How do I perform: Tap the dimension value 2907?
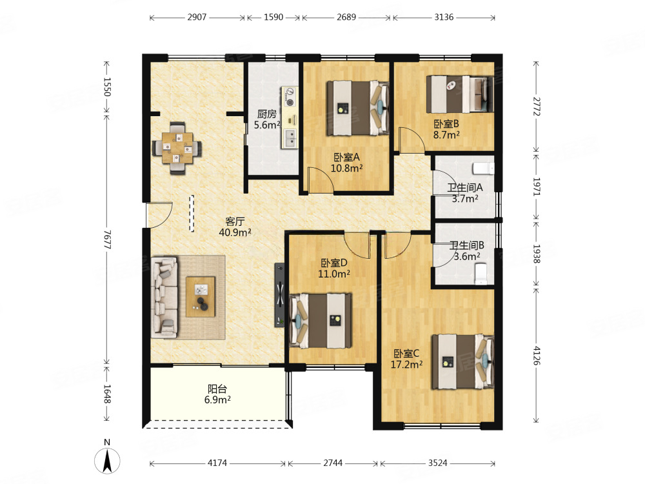(197, 17)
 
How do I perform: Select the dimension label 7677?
(107, 239)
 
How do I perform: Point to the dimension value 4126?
(537, 356)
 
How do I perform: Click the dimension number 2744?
(332, 463)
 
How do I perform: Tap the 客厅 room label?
(235, 221)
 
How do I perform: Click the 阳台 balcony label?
(217, 388)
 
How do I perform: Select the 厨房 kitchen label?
(266, 114)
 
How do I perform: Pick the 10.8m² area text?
(347, 168)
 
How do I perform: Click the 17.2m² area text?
(406, 365)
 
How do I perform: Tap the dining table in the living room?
(177, 148)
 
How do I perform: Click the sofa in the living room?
(164, 297)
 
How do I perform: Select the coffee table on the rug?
(201, 297)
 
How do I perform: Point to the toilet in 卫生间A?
(483, 168)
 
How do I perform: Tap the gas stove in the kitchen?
(290, 97)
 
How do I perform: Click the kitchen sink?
(290, 138)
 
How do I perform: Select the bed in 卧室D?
(321, 320)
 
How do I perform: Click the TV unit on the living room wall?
(280, 295)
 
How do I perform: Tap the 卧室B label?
(446, 124)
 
